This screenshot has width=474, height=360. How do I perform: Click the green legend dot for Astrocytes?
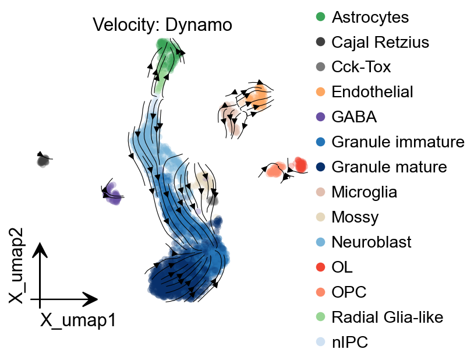320,17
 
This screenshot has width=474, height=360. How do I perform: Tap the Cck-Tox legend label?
361,67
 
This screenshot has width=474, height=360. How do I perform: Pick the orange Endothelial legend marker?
320,92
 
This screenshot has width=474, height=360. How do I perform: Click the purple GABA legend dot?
320,117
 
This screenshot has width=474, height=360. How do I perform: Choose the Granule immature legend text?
398,142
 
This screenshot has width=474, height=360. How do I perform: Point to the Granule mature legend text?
389,167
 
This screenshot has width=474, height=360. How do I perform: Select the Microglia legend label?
364,192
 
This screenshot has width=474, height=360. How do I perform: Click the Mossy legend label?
355,217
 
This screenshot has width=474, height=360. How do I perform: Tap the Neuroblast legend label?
371,242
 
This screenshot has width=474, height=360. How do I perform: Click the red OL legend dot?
320,267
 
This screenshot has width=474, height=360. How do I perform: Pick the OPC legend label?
349,292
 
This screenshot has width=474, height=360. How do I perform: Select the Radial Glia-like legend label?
387,317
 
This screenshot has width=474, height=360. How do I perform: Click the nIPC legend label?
349,343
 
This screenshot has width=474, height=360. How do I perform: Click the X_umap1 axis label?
78,320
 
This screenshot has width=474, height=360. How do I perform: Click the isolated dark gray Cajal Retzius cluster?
43,160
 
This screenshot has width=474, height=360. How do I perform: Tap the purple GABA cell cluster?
112,194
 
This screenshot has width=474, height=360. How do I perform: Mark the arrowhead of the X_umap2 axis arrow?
40,249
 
